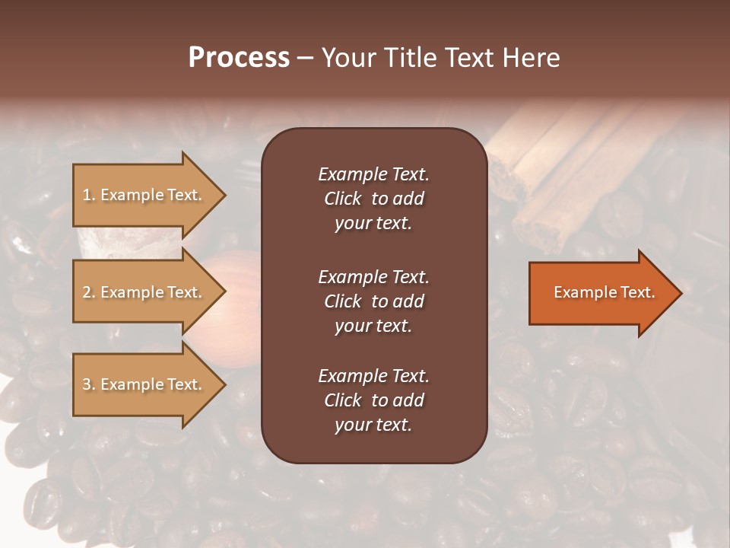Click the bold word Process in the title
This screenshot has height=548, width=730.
(239, 58)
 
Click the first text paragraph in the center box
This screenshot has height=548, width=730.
(373, 199)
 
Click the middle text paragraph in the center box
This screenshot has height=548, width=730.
(373, 301)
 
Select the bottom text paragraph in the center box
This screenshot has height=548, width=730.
(373, 400)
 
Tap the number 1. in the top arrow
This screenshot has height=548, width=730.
(89, 195)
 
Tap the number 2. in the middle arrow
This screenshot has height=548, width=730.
(89, 292)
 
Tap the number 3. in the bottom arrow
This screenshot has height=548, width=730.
(89, 384)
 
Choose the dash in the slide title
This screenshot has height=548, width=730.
(305, 58)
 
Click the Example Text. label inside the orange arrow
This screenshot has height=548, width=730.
(604, 292)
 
